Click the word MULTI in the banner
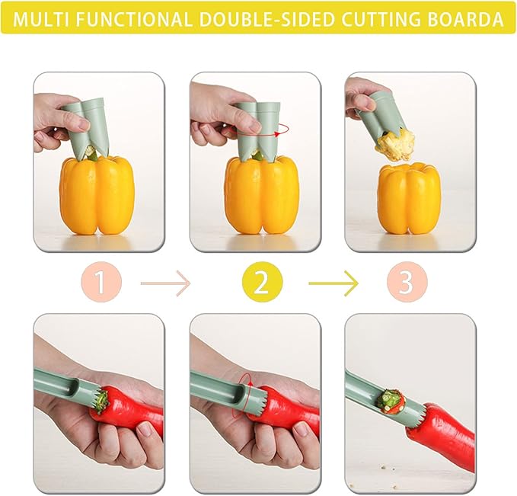pos(38,18)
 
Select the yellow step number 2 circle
pos(260,283)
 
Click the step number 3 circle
pos(406,283)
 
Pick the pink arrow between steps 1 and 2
pos(165,284)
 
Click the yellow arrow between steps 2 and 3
pos(333,284)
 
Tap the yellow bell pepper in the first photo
pos(97,194)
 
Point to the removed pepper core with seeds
pos(395,145)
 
